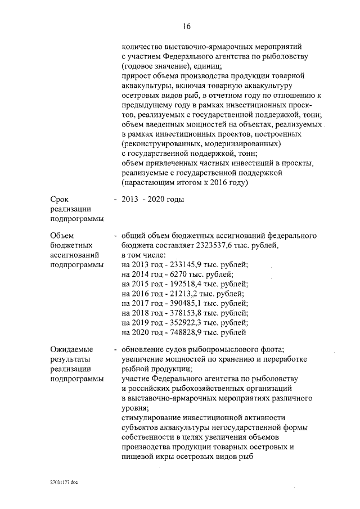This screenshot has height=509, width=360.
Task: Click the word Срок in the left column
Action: pyautogui.click(x=58, y=200)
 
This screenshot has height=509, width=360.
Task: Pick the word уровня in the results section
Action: pyautogui.click(x=134, y=408)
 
